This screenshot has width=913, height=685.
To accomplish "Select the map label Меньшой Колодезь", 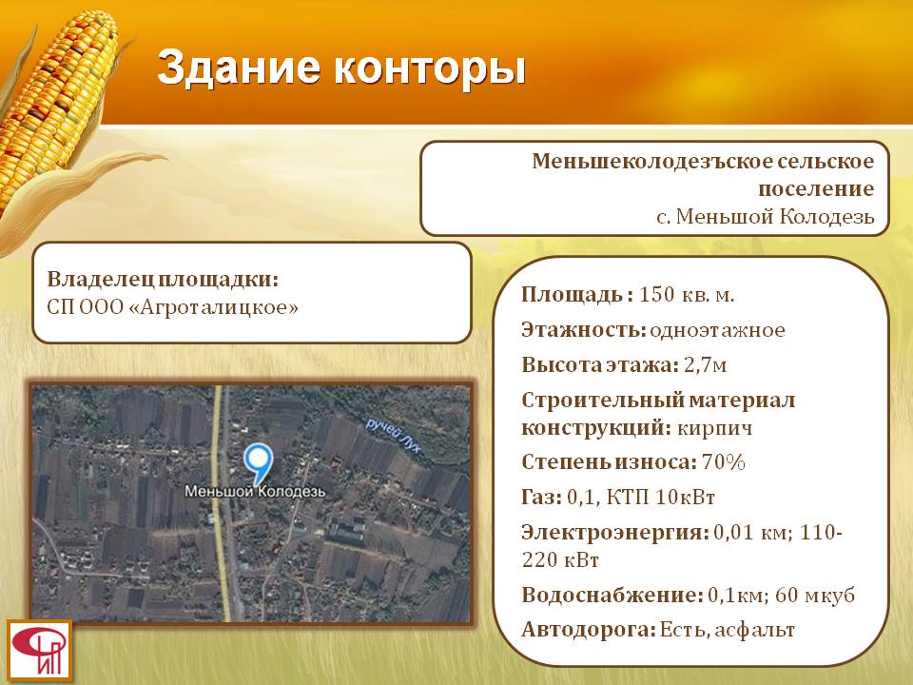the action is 255,492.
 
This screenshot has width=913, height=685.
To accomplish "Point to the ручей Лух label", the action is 393,435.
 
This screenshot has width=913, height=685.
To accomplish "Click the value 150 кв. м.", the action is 687,295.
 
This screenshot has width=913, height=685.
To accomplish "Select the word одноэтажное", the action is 717,330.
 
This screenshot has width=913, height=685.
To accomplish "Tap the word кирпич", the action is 714,429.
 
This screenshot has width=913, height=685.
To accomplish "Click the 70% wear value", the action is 724,462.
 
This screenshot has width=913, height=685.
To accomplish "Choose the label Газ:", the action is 541,497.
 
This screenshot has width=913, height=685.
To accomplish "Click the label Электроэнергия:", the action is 615,533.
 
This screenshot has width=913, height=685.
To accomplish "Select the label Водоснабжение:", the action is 612,595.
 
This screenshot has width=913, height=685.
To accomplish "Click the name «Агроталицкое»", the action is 212,307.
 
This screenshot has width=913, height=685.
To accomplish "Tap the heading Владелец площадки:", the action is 163,279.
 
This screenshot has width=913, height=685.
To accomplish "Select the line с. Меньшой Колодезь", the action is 765,217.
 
